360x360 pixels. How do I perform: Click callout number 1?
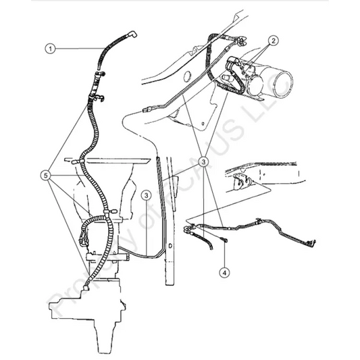pos(49,48)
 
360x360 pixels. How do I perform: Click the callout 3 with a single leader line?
pos(147,196)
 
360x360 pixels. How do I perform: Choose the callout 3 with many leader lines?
pos(203,162)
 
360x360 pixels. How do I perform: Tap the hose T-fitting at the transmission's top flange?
pos(74,162)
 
